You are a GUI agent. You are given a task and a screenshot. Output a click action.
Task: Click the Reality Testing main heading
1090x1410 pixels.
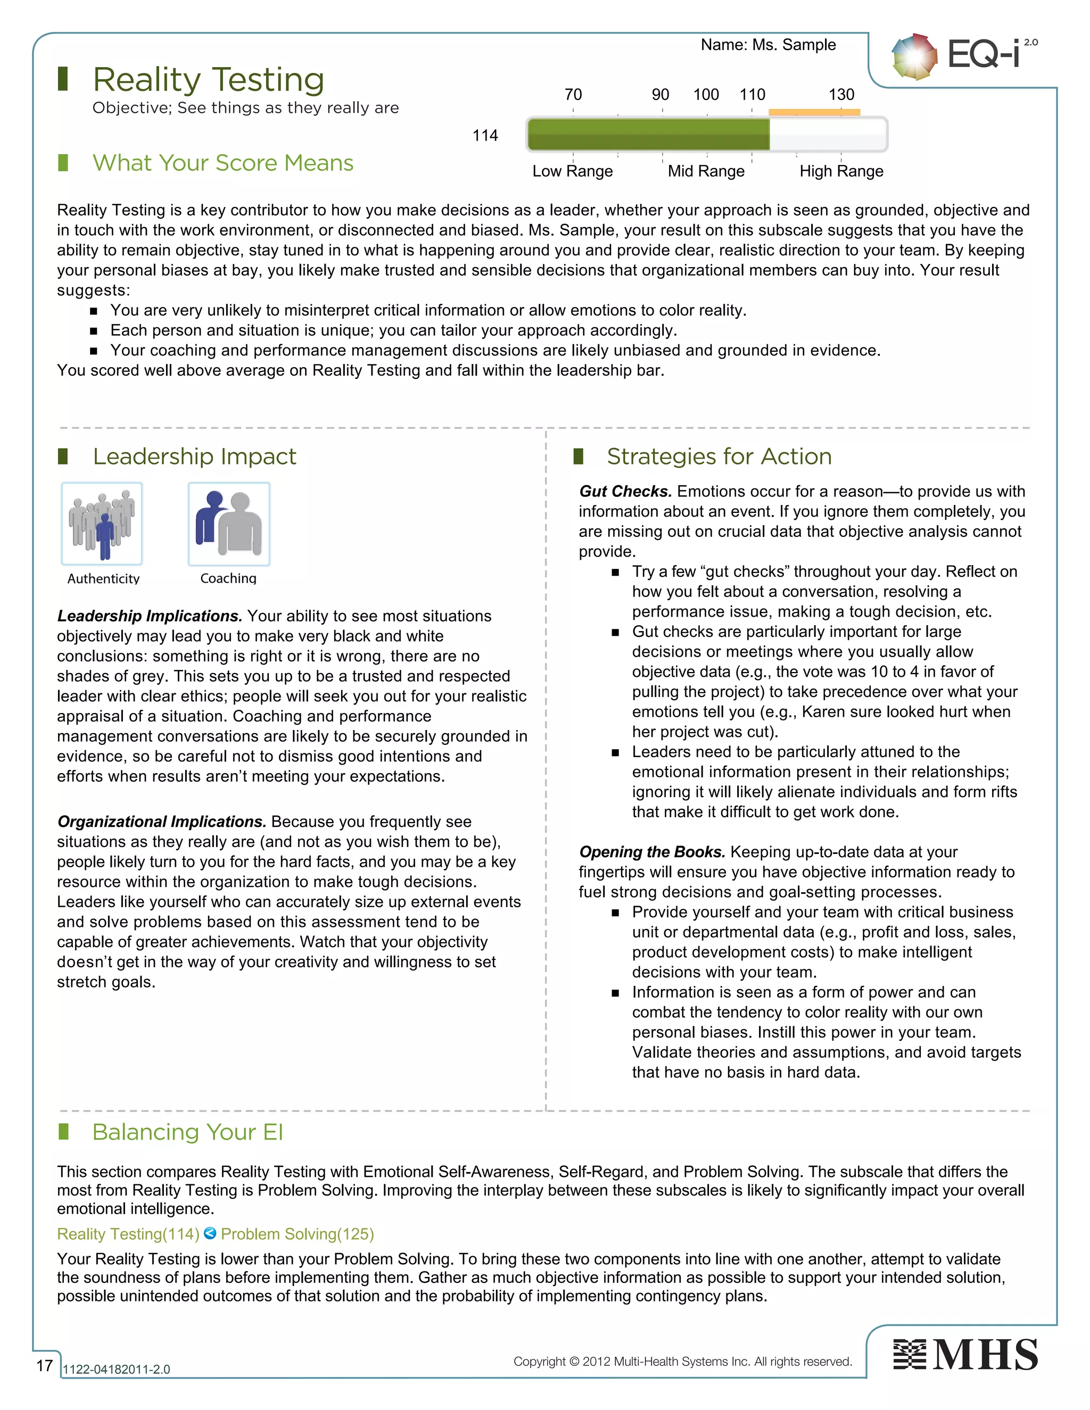click(208, 79)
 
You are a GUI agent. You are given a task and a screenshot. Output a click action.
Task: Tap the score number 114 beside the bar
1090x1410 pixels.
click(485, 136)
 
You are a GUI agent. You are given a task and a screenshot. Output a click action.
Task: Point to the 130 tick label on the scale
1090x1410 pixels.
click(841, 95)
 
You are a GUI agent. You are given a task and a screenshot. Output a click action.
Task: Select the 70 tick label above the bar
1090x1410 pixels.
click(573, 95)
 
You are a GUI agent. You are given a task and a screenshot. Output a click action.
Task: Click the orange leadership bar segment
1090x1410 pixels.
click(814, 112)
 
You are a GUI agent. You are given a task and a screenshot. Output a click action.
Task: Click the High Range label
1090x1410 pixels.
click(841, 171)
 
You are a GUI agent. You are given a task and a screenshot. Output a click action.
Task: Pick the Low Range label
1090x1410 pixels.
click(572, 171)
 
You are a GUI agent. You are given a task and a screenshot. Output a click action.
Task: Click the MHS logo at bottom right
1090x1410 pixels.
click(965, 1355)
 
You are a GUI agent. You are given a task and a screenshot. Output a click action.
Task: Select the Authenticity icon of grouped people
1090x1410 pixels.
click(102, 524)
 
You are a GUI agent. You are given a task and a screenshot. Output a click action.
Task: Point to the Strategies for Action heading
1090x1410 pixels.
click(719, 457)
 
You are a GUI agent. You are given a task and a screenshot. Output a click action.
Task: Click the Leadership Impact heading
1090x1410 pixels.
click(194, 457)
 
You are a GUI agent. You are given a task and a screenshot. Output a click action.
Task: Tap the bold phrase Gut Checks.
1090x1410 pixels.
click(625, 491)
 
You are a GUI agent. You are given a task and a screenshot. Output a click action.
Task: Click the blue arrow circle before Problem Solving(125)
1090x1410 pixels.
click(210, 1233)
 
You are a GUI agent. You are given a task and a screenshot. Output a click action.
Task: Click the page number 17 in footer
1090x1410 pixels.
click(45, 1365)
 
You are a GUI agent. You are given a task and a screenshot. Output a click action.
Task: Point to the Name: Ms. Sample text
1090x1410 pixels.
click(768, 45)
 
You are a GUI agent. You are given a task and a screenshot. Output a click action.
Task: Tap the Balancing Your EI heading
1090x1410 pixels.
click(187, 1132)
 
